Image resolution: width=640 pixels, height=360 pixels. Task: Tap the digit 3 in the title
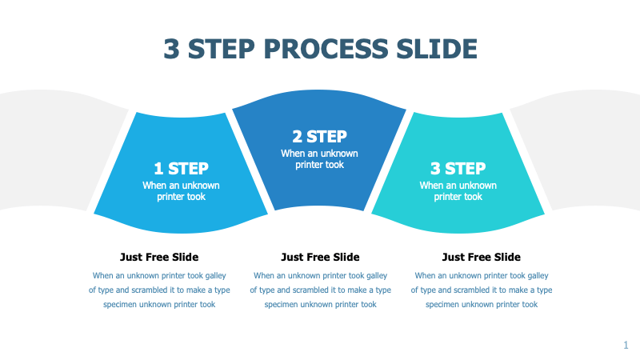171,49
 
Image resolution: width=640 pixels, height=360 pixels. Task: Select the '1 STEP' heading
181,168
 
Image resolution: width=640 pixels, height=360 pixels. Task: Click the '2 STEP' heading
319,137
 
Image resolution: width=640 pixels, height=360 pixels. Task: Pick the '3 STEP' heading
458,168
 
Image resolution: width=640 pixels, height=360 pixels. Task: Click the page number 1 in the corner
626,345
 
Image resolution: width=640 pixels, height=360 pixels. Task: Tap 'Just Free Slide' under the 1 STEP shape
159,257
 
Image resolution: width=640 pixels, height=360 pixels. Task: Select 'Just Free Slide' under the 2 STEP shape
320,257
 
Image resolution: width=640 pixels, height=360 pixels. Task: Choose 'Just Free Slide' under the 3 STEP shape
481,257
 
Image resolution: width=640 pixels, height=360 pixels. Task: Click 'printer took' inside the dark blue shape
319,165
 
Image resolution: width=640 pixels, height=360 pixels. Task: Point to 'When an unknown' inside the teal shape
458,185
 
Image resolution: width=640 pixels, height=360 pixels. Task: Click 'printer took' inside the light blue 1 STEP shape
181,197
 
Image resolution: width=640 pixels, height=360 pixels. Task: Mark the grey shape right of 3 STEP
584,152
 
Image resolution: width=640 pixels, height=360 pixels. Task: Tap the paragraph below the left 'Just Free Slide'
159,290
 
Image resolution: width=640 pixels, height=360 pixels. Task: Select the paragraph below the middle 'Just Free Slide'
320,290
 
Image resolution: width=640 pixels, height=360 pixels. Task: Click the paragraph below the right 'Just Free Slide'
481,290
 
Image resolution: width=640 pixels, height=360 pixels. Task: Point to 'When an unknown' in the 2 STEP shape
319,153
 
